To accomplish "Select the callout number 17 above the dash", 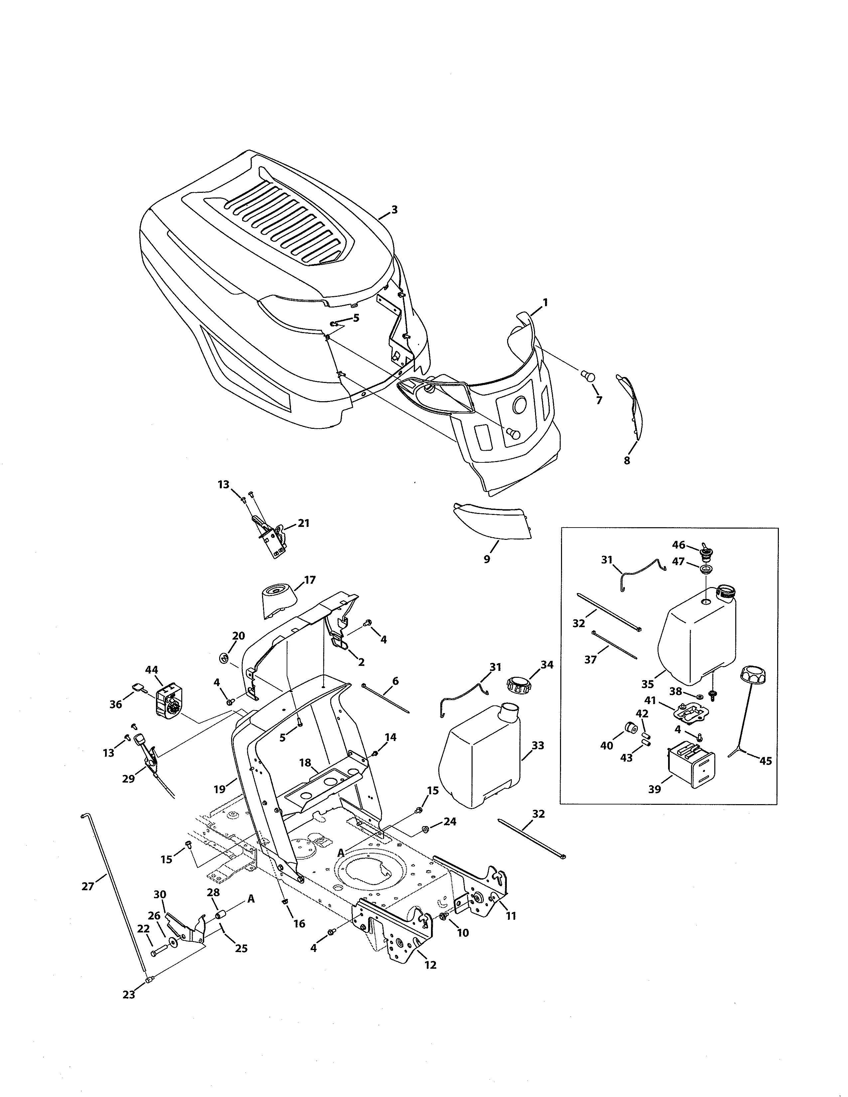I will click(310, 580).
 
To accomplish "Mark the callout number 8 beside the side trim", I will click(627, 460).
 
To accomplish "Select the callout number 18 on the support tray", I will click(305, 763).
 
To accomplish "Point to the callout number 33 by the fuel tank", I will click(537, 745).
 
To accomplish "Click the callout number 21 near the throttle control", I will click(303, 523).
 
